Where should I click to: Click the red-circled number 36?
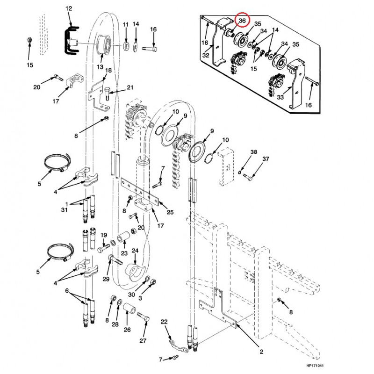click(242, 21)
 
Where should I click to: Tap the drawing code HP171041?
click(315, 366)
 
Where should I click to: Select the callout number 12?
click(69, 8)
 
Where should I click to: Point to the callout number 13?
click(100, 67)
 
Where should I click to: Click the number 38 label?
click(254, 152)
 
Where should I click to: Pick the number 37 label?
click(266, 159)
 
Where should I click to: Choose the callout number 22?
click(164, 322)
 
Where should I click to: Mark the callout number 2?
click(261, 352)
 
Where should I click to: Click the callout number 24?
click(135, 251)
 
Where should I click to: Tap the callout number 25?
click(170, 212)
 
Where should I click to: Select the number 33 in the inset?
click(280, 97)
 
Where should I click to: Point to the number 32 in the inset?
click(206, 55)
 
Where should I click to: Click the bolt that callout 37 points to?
click(248, 177)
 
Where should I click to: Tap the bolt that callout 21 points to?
click(107, 94)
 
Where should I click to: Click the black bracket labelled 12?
click(71, 40)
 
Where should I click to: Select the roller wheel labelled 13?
click(104, 45)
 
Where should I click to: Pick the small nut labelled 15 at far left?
click(29, 40)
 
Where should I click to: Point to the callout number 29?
click(106, 279)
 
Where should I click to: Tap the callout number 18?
click(108, 71)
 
